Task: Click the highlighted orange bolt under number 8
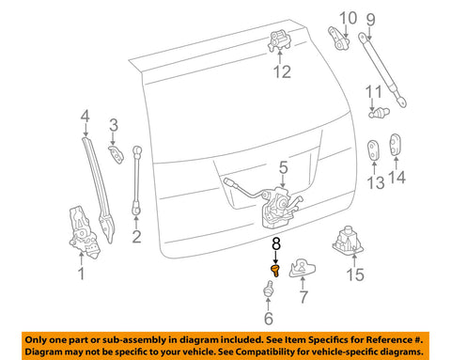(275, 270)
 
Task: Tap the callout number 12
(282, 71)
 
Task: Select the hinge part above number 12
(279, 40)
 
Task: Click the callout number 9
(370, 20)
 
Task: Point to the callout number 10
(348, 18)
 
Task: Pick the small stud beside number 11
(379, 112)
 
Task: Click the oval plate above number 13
(373, 149)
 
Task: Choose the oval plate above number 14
(396, 145)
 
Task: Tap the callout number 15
(355, 274)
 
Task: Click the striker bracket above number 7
(302, 268)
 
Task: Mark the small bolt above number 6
(268, 289)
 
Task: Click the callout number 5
(283, 167)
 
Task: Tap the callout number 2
(136, 237)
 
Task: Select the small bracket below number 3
(116, 154)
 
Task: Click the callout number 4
(85, 117)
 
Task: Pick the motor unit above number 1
(84, 232)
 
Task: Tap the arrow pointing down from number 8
(275, 257)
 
